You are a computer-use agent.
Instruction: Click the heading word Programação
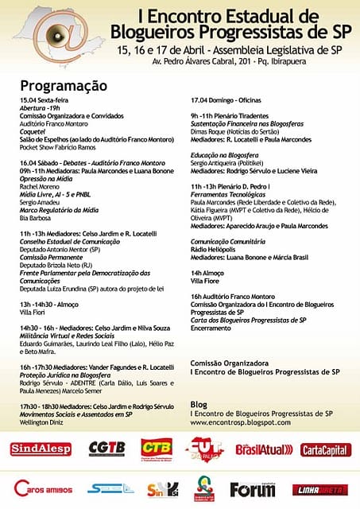[64, 84]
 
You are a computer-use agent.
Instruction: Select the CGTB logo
[106, 449]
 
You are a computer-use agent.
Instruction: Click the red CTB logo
[157, 448]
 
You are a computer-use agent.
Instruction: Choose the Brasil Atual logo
[265, 449]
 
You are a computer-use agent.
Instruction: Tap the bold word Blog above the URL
[199, 404]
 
